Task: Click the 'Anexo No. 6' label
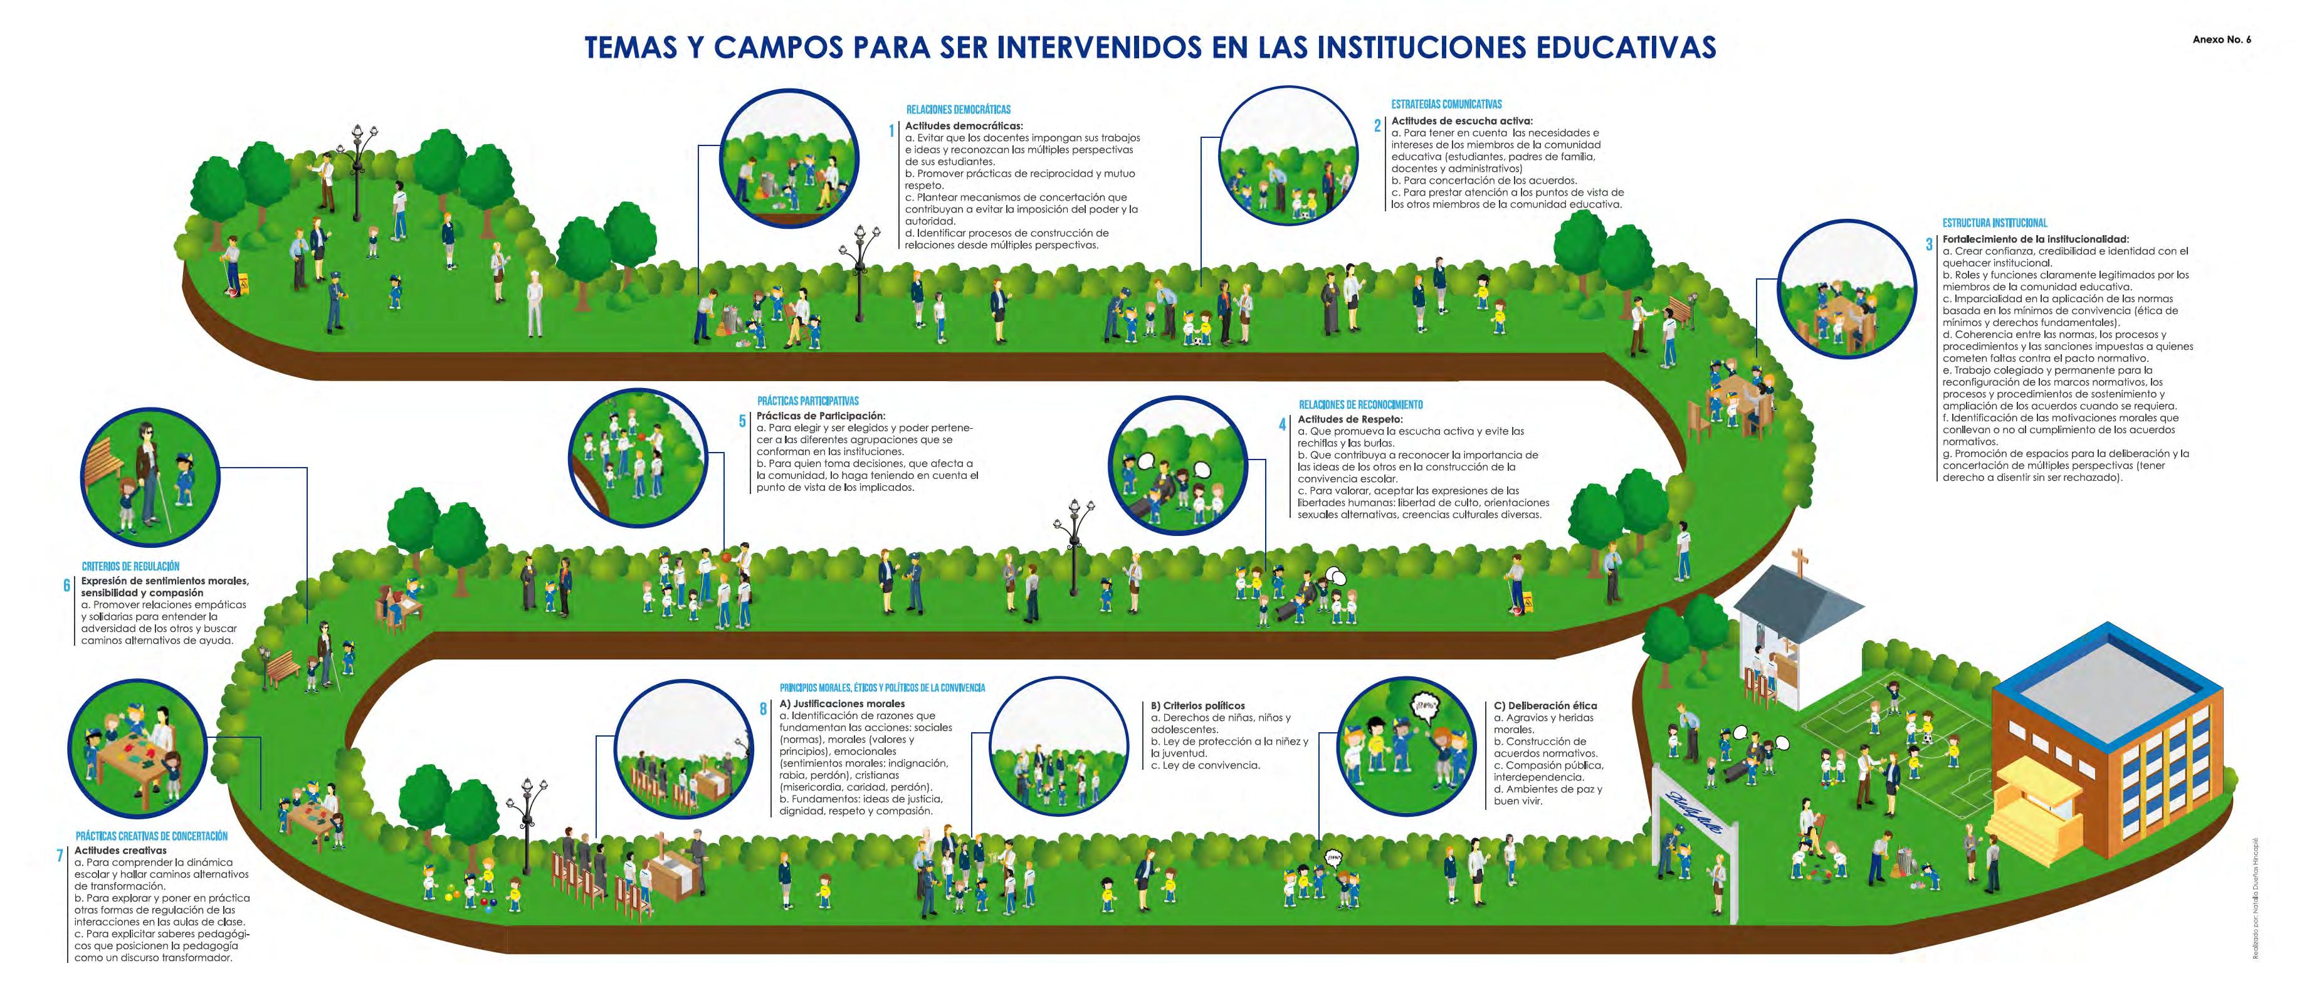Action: tap(2222, 40)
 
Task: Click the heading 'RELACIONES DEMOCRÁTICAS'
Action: tap(958, 110)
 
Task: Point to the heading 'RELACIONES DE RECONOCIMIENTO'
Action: tap(1360, 405)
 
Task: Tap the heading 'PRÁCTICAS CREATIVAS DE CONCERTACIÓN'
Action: tap(152, 836)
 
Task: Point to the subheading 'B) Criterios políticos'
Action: tap(1197, 706)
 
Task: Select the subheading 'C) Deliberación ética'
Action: tap(1545, 706)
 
